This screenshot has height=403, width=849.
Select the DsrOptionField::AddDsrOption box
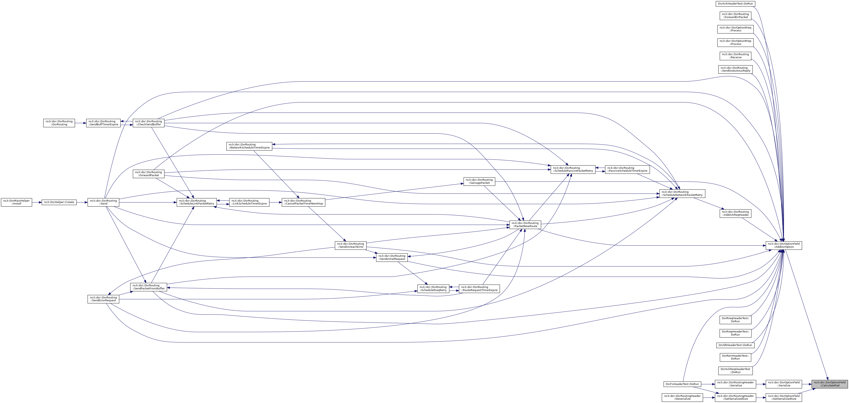click(783, 245)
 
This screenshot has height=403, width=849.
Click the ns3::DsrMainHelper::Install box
click(16, 202)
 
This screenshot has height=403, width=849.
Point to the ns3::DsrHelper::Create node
click(59, 202)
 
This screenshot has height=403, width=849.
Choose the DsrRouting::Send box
click(103, 202)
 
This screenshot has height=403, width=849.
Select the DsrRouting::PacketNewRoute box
click(525, 225)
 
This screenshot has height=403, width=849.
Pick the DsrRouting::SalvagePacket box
click(479, 181)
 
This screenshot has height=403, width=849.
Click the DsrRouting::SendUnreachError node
click(350, 245)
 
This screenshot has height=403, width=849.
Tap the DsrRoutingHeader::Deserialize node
click(682, 397)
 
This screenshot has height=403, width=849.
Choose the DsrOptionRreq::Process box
click(735, 29)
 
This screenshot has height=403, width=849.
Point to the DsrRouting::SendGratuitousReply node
click(735, 69)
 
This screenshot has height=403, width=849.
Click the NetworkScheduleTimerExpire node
click(249, 146)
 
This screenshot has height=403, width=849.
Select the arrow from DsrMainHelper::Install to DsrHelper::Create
click(37, 202)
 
